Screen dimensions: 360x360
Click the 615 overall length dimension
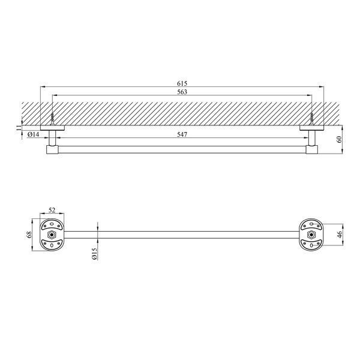(x=182, y=83)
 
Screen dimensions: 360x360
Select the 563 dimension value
(x=182, y=92)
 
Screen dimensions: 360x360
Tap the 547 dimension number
(x=182, y=134)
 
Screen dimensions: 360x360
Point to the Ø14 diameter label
(x=33, y=134)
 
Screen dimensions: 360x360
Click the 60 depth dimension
(x=339, y=139)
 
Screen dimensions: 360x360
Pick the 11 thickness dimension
(x=17, y=128)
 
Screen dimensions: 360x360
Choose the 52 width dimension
(x=52, y=210)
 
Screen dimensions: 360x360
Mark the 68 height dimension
(x=29, y=235)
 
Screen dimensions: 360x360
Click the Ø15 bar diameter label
(x=94, y=254)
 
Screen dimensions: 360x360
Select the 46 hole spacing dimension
(x=340, y=235)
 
